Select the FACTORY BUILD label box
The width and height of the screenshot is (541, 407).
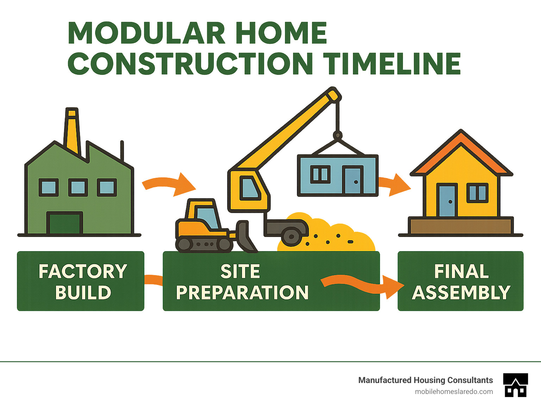81,281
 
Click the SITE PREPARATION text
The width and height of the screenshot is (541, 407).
242,282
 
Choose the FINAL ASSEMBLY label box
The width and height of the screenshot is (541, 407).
460,281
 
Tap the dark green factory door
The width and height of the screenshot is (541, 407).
64,223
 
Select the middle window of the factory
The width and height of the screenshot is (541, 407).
78,187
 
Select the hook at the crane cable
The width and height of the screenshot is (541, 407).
337,135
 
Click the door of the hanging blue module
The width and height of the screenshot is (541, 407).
353,180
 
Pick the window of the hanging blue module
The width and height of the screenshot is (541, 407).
320,175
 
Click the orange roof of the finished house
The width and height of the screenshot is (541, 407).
461,148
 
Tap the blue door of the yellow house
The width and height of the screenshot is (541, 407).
447,201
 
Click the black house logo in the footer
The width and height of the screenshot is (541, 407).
515,385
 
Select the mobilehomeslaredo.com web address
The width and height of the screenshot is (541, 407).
454,391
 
